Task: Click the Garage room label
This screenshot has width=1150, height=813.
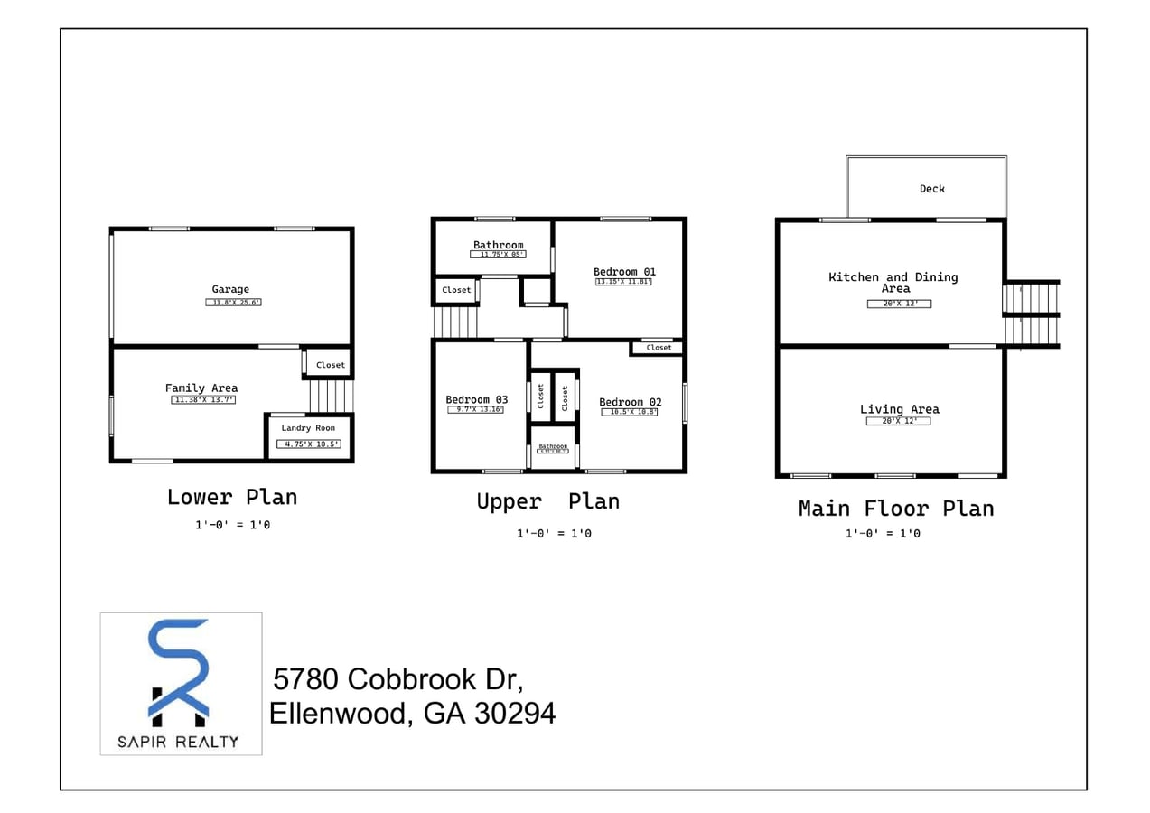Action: coord(230,290)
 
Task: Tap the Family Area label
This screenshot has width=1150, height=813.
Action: coord(201,388)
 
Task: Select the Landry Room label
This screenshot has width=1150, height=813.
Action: coord(308,428)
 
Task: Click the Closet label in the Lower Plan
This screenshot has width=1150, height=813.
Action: coord(330,365)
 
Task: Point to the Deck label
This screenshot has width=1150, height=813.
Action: coord(931,189)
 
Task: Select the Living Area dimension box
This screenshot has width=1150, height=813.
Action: coord(898,421)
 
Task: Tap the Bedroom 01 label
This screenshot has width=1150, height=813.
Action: coord(624,272)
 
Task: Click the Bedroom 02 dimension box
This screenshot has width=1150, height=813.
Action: coord(630,412)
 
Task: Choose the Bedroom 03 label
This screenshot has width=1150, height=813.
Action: coord(476,399)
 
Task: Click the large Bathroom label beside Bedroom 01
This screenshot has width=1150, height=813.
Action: coord(498,245)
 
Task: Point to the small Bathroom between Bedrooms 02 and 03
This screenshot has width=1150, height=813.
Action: coord(553,446)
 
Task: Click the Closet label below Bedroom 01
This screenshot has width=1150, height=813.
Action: coord(659,348)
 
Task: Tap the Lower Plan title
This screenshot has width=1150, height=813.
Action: coord(232,497)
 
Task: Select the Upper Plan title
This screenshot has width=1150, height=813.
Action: coord(547,501)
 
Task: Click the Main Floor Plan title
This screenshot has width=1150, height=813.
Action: coord(895,509)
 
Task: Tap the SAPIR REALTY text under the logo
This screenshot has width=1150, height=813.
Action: coord(179,742)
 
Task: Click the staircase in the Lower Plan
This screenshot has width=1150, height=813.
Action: coord(332,396)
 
